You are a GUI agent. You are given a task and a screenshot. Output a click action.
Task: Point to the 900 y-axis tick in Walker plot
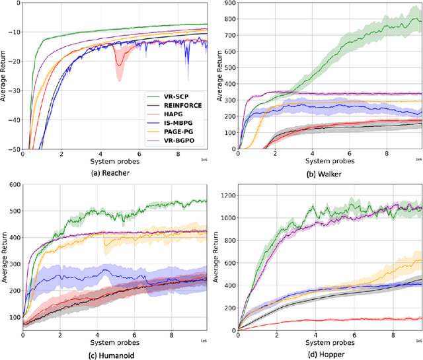pos(229,3)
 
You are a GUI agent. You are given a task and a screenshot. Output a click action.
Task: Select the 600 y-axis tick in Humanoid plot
pos(13,185)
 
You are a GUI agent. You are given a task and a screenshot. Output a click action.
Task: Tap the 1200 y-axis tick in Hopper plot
pos(226,195)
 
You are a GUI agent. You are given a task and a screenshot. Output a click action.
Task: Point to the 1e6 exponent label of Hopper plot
pos(418,340)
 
